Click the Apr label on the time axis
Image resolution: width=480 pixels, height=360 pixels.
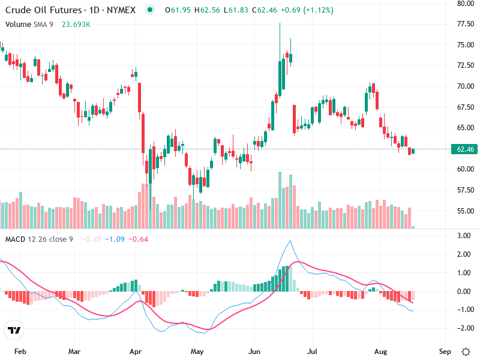point(136,351)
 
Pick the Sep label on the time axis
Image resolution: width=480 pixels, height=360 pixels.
point(445,351)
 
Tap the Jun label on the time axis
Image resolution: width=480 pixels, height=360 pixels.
point(256,351)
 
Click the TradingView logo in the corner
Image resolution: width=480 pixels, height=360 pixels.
point(14,331)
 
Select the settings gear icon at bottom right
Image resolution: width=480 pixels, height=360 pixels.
point(466,351)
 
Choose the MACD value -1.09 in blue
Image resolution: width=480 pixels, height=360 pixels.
point(114,239)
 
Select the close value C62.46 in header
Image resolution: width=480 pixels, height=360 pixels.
point(264,10)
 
